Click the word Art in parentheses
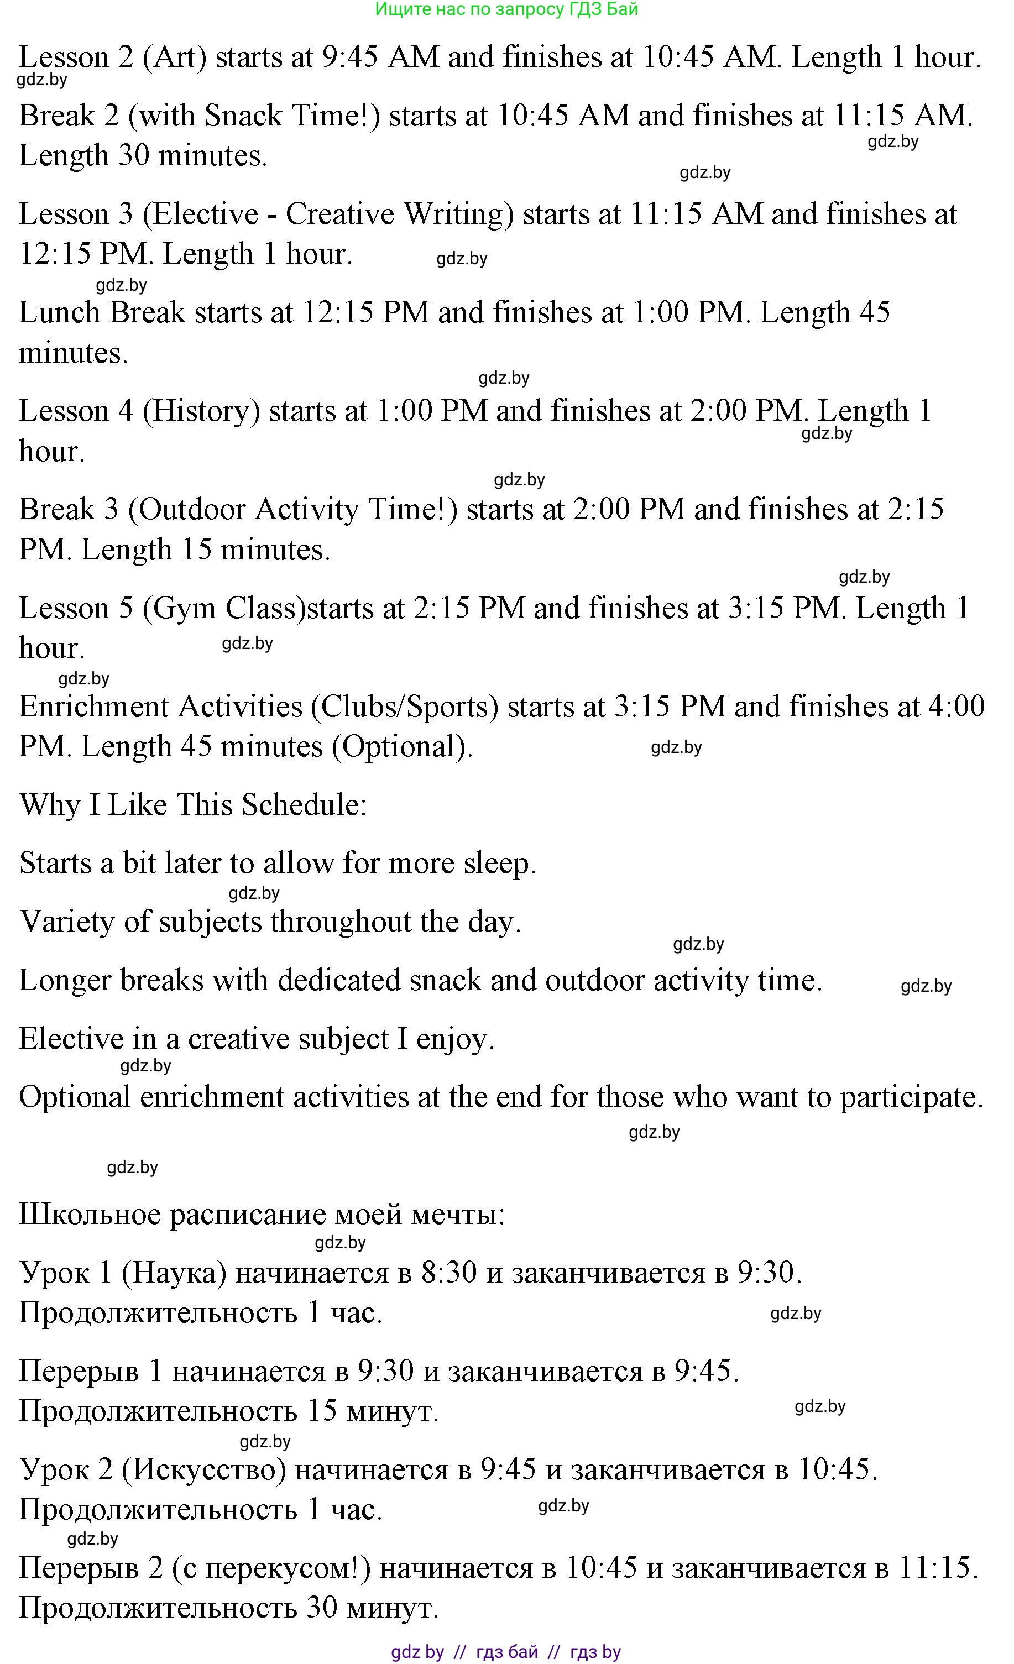pyautogui.click(x=174, y=57)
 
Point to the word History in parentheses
pyautogui.click(x=201, y=411)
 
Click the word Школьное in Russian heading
pyautogui.click(x=89, y=1214)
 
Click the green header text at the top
pyautogui.click(x=506, y=9)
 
